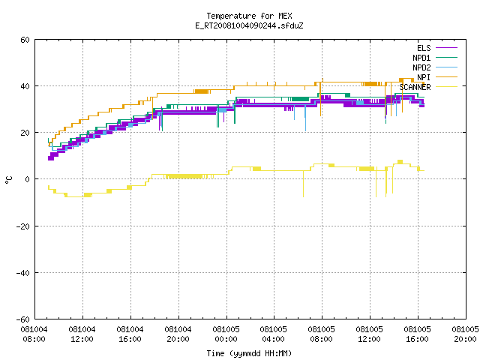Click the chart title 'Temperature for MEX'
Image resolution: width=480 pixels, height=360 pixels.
click(249, 16)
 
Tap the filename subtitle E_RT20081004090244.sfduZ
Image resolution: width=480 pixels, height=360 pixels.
click(249, 25)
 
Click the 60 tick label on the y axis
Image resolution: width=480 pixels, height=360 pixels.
click(25, 40)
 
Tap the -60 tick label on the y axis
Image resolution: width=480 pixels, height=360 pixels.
click(23, 319)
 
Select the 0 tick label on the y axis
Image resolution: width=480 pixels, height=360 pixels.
click(28, 179)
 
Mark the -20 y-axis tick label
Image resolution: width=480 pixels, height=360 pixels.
click(23, 226)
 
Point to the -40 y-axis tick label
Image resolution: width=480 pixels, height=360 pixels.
click(23, 273)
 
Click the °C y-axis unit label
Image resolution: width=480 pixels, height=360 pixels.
click(8, 180)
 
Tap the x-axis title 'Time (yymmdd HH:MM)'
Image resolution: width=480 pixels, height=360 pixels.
click(249, 353)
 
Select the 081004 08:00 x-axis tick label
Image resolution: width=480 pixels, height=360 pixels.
click(34, 334)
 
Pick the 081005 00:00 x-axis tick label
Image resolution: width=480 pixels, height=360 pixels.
click(226, 334)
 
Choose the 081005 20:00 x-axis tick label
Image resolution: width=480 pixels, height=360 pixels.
click(465, 334)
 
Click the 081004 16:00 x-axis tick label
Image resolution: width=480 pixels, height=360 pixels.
click(130, 334)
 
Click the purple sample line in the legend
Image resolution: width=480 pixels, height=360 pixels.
click(446, 48)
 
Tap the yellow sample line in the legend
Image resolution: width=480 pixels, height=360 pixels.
click(446, 87)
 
